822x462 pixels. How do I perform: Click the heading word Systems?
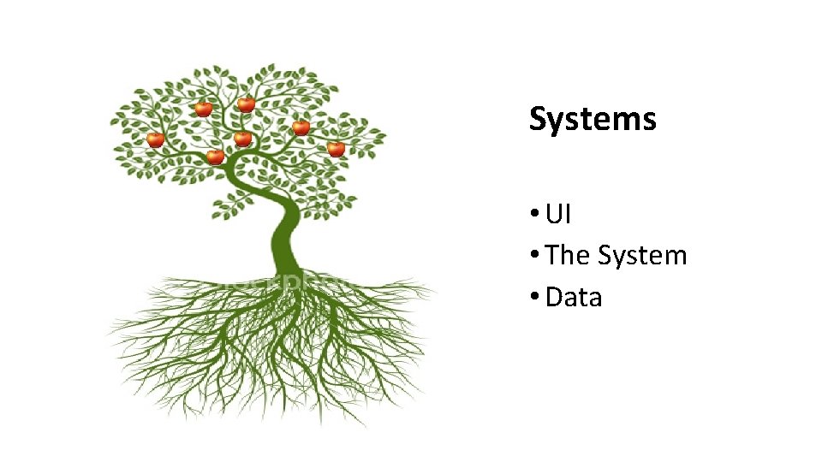click(x=593, y=119)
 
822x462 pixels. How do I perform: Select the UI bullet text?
click(x=557, y=214)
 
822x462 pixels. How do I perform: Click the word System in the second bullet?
click(x=642, y=255)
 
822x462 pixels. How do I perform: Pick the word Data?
click(x=574, y=297)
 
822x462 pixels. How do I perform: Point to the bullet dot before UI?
click(x=533, y=215)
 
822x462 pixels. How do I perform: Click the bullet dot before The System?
click(x=533, y=256)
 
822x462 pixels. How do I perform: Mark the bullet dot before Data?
click(x=533, y=298)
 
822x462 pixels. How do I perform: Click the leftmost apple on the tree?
click(x=155, y=139)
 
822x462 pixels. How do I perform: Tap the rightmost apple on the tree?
click(x=336, y=149)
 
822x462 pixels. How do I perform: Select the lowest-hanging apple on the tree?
click(x=215, y=157)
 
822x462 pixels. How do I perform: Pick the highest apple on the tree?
click(x=246, y=104)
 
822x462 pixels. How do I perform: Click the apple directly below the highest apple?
click(x=242, y=138)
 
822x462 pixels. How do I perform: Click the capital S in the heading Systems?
click(x=538, y=119)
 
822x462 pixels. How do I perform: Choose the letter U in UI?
click(x=554, y=214)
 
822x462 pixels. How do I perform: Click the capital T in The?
click(x=553, y=255)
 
